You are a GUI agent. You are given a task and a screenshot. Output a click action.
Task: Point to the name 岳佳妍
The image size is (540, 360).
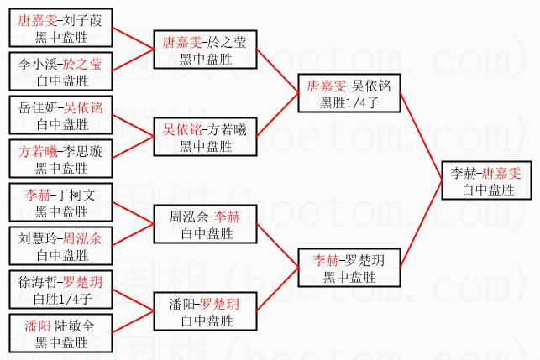(36, 109)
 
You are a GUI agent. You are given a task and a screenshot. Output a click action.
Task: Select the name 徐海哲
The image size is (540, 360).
(36, 283)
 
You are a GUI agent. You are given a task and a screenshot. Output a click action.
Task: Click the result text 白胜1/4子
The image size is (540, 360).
(60, 298)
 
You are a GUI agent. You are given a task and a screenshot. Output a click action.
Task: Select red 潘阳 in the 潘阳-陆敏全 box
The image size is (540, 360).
(36, 326)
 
